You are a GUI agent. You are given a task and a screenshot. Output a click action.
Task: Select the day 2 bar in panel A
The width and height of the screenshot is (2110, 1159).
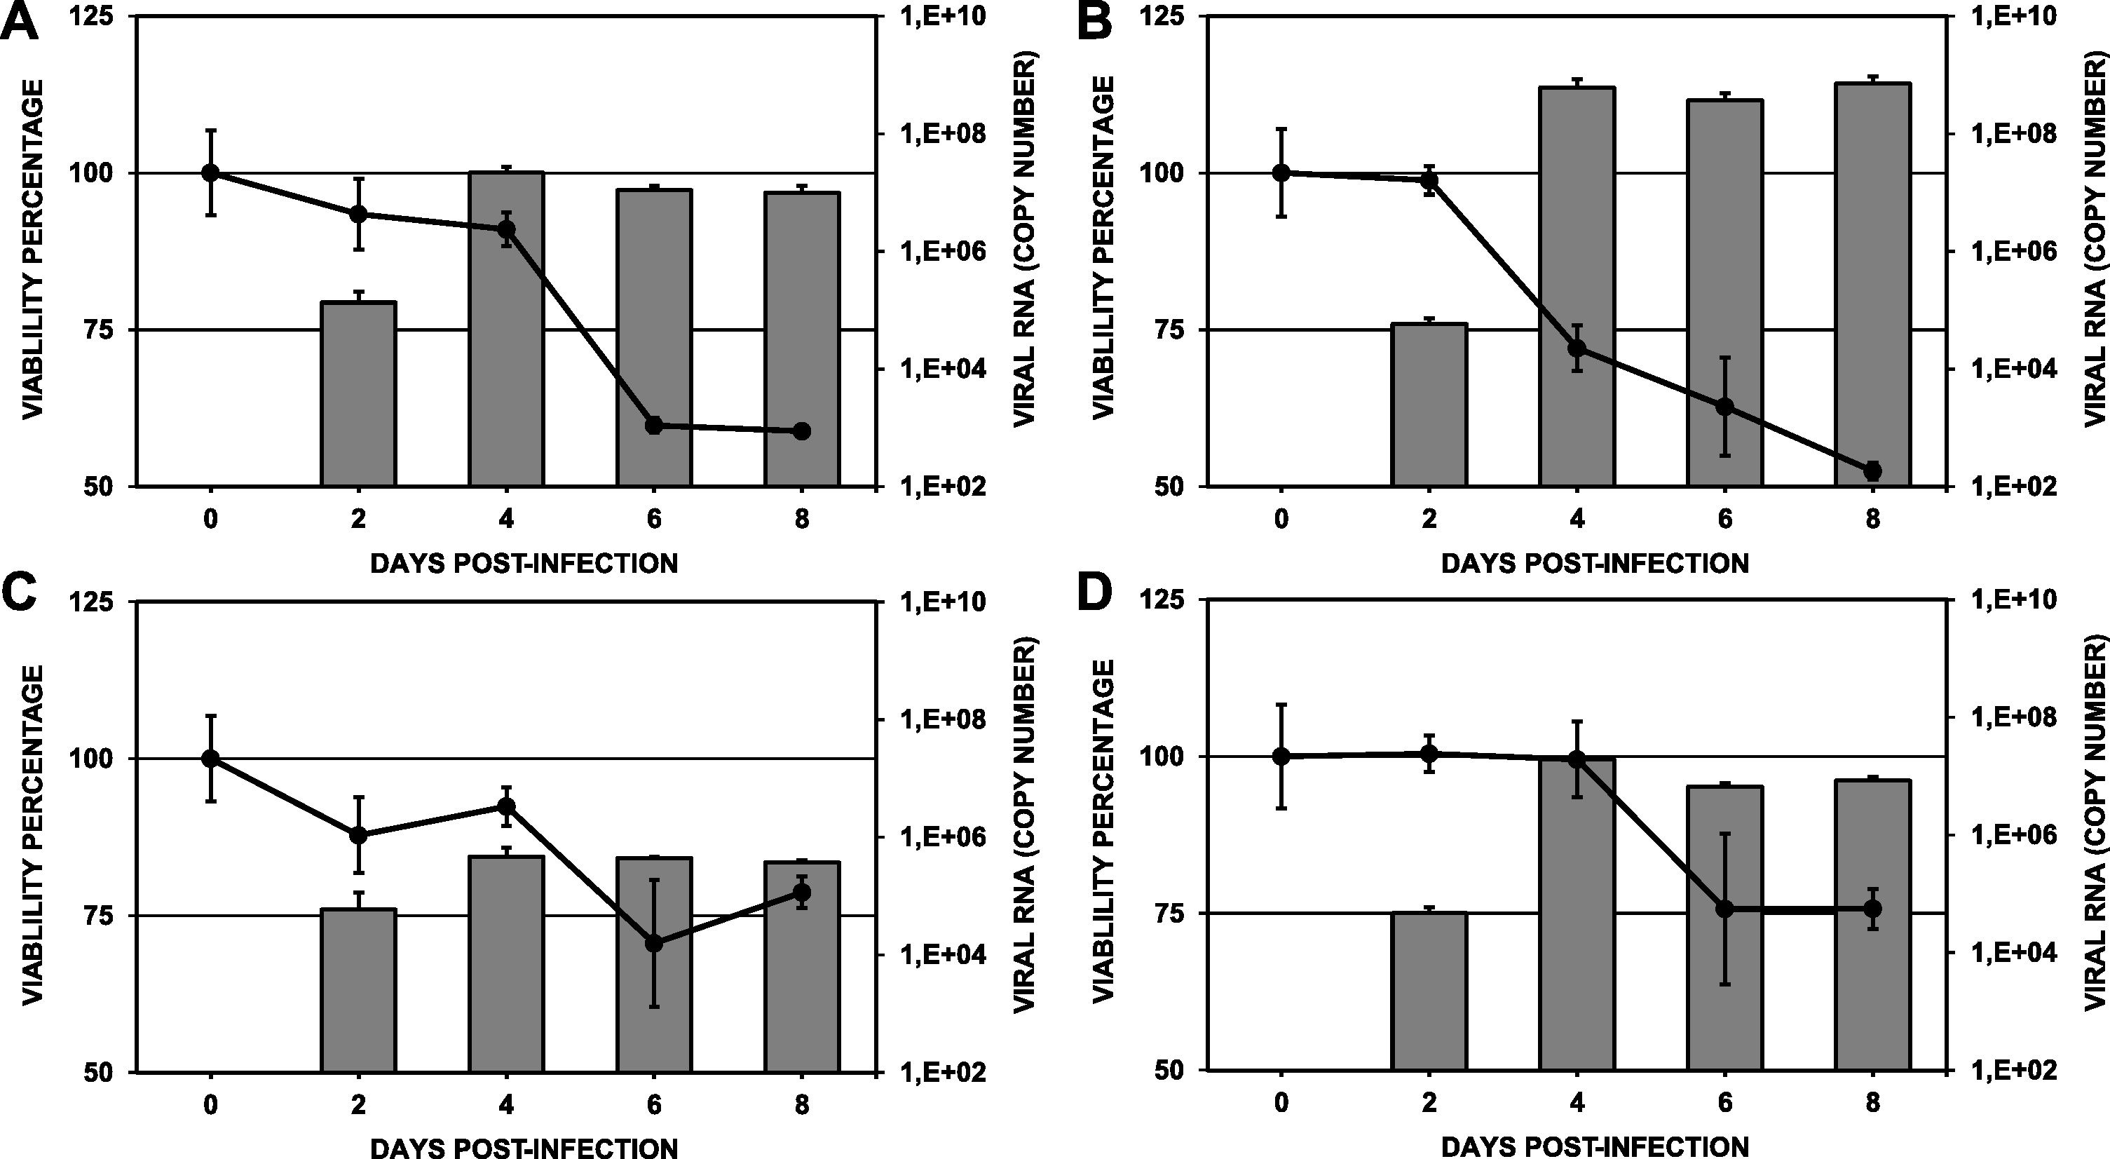358,393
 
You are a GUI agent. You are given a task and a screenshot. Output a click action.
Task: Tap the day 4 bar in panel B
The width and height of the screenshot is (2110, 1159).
1577,287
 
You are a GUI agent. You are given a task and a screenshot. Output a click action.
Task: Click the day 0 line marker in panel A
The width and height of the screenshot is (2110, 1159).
210,172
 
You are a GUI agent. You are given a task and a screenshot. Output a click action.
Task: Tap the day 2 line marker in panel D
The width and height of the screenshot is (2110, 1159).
1429,754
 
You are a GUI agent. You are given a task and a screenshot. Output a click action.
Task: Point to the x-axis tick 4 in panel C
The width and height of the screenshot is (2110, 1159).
506,1105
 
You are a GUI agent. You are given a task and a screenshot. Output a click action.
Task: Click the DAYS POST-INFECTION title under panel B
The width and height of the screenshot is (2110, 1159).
1595,564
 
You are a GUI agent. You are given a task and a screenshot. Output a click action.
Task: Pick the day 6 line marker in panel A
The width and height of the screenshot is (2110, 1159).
653,425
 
